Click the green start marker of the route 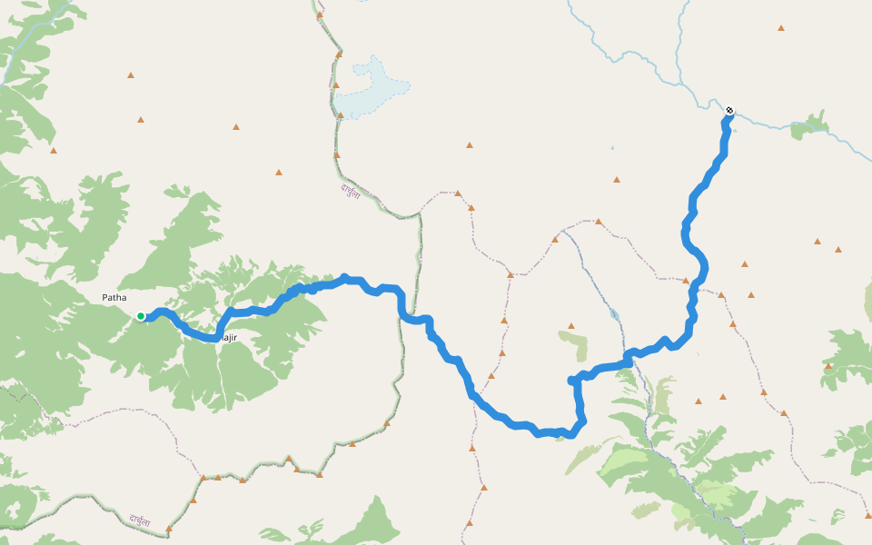click(x=141, y=316)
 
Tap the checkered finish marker click(x=728, y=113)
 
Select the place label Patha click(x=114, y=298)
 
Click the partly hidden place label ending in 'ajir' click(x=229, y=338)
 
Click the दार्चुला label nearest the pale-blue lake click(x=351, y=192)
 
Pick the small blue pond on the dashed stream click(x=615, y=314)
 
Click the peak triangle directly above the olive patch click(x=571, y=324)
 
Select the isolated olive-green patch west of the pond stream click(x=574, y=345)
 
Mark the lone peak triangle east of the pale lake click(x=470, y=144)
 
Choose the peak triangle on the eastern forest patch click(x=828, y=365)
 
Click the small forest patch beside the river click(x=808, y=126)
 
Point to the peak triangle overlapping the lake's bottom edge click(x=341, y=115)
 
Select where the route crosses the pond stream click(x=626, y=361)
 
